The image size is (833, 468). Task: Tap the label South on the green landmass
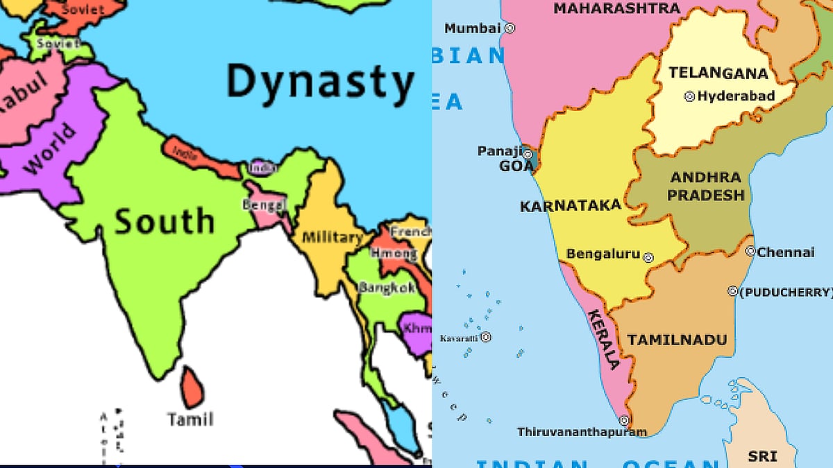coord(165,220)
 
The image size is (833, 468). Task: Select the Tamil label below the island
coord(190,419)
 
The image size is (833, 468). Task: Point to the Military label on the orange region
coord(333,238)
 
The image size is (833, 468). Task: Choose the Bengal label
coord(264,205)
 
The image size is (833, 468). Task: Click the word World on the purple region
coord(49,150)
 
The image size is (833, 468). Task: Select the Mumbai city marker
coord(510,28)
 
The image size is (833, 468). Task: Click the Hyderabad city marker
coord(689,97)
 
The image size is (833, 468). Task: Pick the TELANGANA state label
coord(718,73)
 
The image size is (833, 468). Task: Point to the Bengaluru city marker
coord(648,257)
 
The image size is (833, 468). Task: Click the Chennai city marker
coord(750,252)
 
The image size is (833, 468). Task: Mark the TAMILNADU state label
coord(677,340)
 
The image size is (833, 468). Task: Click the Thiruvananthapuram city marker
coord(624,420)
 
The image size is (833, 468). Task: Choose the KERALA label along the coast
coord(603,340)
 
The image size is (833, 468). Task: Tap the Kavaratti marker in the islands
coord(486,338)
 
